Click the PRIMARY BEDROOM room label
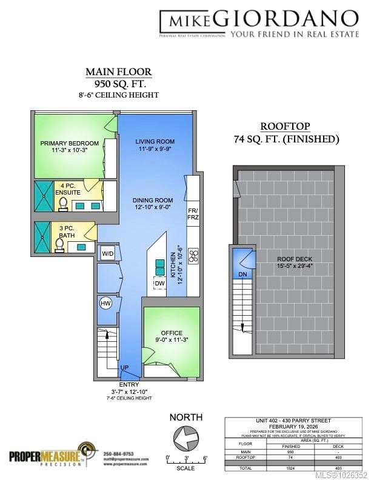69,144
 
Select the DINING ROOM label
153,200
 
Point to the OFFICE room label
172,333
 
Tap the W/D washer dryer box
107,253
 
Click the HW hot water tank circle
104,303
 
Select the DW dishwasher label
159,283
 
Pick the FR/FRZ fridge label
193,213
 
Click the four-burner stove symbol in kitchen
194,256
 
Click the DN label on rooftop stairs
242,275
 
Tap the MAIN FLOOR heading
118,72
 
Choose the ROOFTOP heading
285,127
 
